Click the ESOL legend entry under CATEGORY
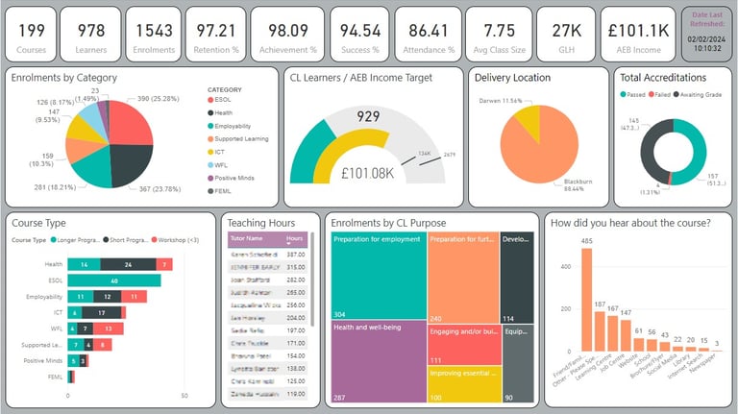click(x=225, y=101)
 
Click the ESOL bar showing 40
click(x=114, y=281)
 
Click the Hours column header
click(x=294, y=238)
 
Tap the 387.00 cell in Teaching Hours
click(x=294, y=254)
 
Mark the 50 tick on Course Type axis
click(x=184, y=396)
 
